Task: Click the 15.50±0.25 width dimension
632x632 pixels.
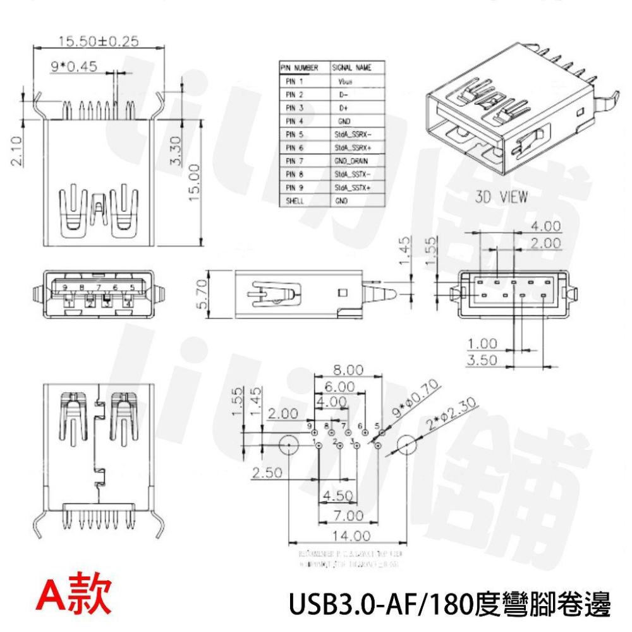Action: (x=98, y=42)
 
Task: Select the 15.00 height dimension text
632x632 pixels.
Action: (x=193, y=182)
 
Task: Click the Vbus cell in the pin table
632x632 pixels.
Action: (x=345, y=82)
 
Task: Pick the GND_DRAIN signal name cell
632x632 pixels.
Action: (x=351, y=161)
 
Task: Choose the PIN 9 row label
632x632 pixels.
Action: (x=295, y=188)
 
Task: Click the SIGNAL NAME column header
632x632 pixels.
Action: (x=352, y=68)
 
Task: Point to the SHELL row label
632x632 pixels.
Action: (x=295, y=201)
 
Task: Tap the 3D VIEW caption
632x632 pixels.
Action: (x=501, y=197)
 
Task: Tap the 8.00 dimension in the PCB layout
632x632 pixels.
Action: (x=349, y=370)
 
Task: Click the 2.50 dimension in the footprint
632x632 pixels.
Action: (x=268, y=473)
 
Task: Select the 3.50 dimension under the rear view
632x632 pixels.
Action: (x=482, y=360)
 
